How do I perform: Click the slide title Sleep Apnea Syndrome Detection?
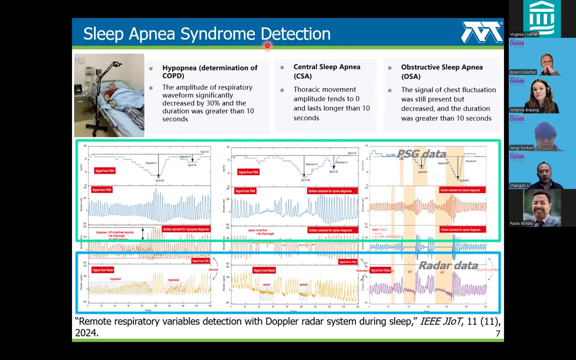[206, 34]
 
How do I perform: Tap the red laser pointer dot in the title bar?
[267, 46]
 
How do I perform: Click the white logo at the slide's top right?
[481, 32]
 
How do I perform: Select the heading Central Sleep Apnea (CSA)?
[326, 71]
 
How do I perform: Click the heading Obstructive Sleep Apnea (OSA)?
[441, 71]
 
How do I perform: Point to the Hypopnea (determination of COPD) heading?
[209, 71]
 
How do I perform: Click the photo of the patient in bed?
[109, 95]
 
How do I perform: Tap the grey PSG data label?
[421, 154]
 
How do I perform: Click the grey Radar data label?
[447, 265]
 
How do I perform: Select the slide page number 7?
[497, 333]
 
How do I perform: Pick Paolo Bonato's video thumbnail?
[542, 208]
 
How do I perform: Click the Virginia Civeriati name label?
[524, 34]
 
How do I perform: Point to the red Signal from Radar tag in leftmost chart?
[102, 270]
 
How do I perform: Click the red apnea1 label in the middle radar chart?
[266, 284]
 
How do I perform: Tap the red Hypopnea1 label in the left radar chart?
[115, 279]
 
